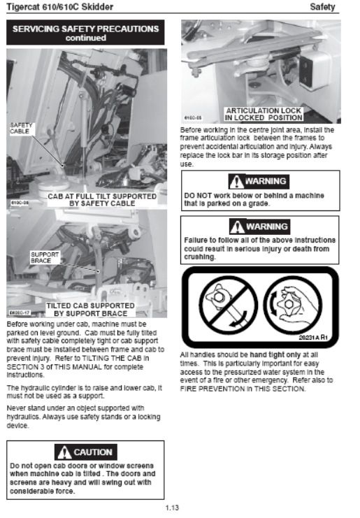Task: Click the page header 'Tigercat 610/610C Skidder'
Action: tap(60, 6)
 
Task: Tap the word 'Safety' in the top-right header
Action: tap(322, 6)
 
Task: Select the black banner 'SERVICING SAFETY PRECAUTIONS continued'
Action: tap(85, 32)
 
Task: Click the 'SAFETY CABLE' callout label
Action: tap(20, 128)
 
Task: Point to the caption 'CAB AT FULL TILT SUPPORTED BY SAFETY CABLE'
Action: tap(102, 200)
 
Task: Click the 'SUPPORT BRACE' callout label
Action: tap(45, 257)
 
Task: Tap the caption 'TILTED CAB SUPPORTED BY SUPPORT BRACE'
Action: tap(90, 310)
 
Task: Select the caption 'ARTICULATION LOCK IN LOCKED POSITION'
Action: tap(264, 114)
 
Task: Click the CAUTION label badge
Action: tap(86, 452)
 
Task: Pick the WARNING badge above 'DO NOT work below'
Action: tap(259, 181)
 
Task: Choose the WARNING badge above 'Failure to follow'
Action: tap(259, 226)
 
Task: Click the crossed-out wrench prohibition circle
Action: tap(228, 305)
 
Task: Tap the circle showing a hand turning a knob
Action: tap(292, 305)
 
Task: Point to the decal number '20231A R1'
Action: tap(312, 338)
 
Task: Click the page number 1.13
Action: tap(172, 508)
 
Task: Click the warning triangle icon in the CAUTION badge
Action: tap(64, 452)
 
